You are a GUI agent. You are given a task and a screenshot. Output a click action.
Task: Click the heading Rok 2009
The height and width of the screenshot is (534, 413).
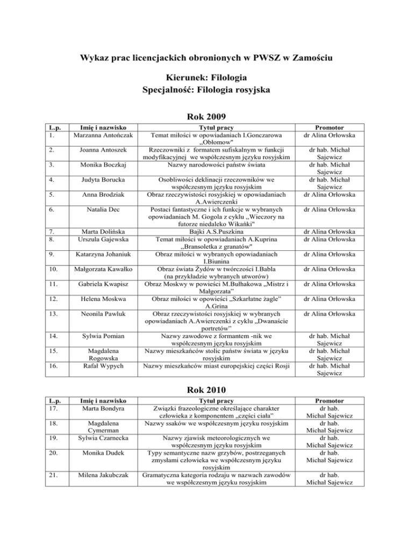tap(206, 116)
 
